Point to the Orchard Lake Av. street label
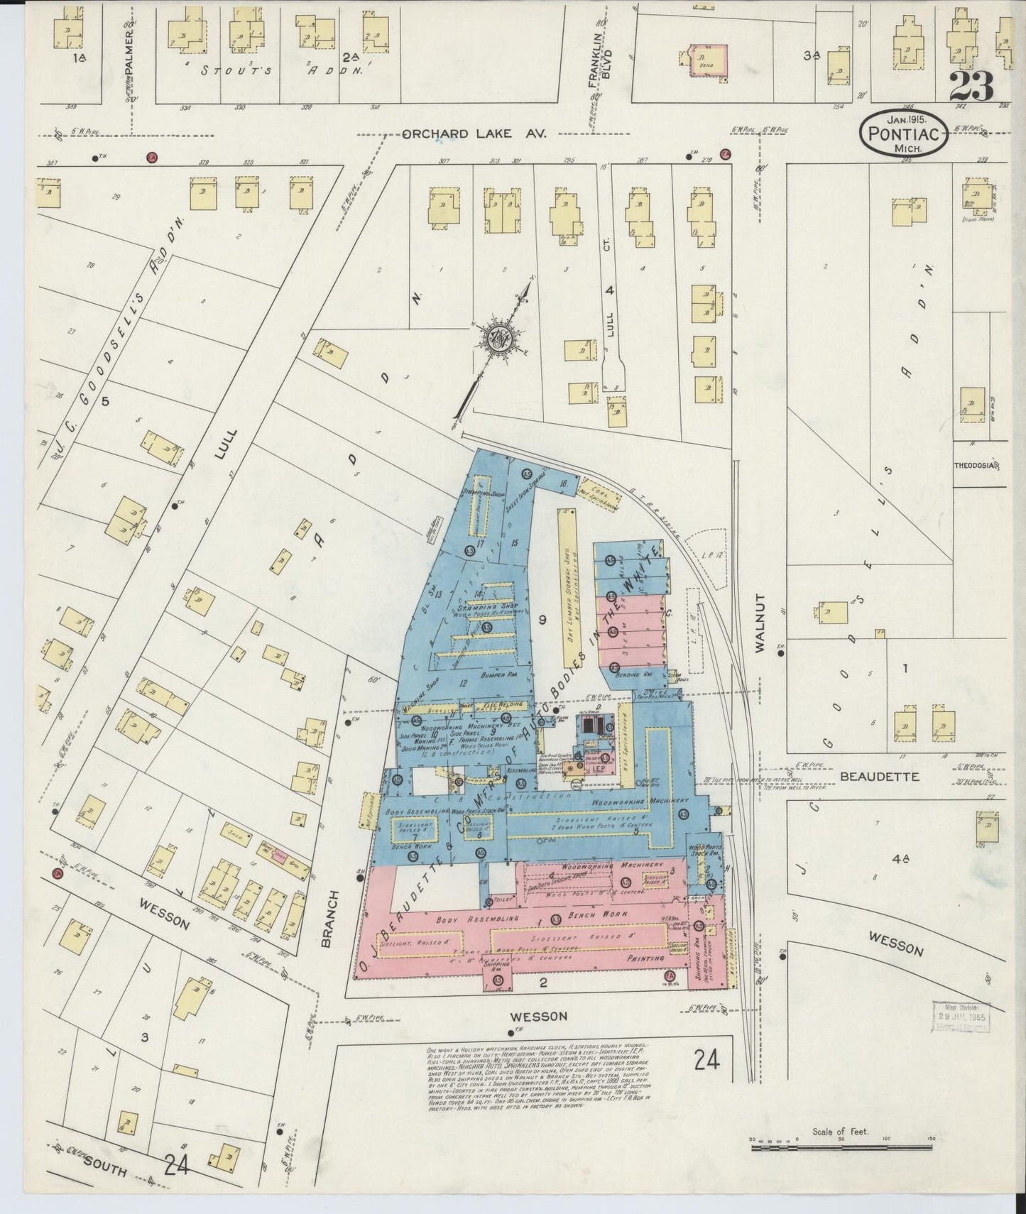coord(473,133)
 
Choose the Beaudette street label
coord(879,777)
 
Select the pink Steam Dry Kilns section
coord(629,628)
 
